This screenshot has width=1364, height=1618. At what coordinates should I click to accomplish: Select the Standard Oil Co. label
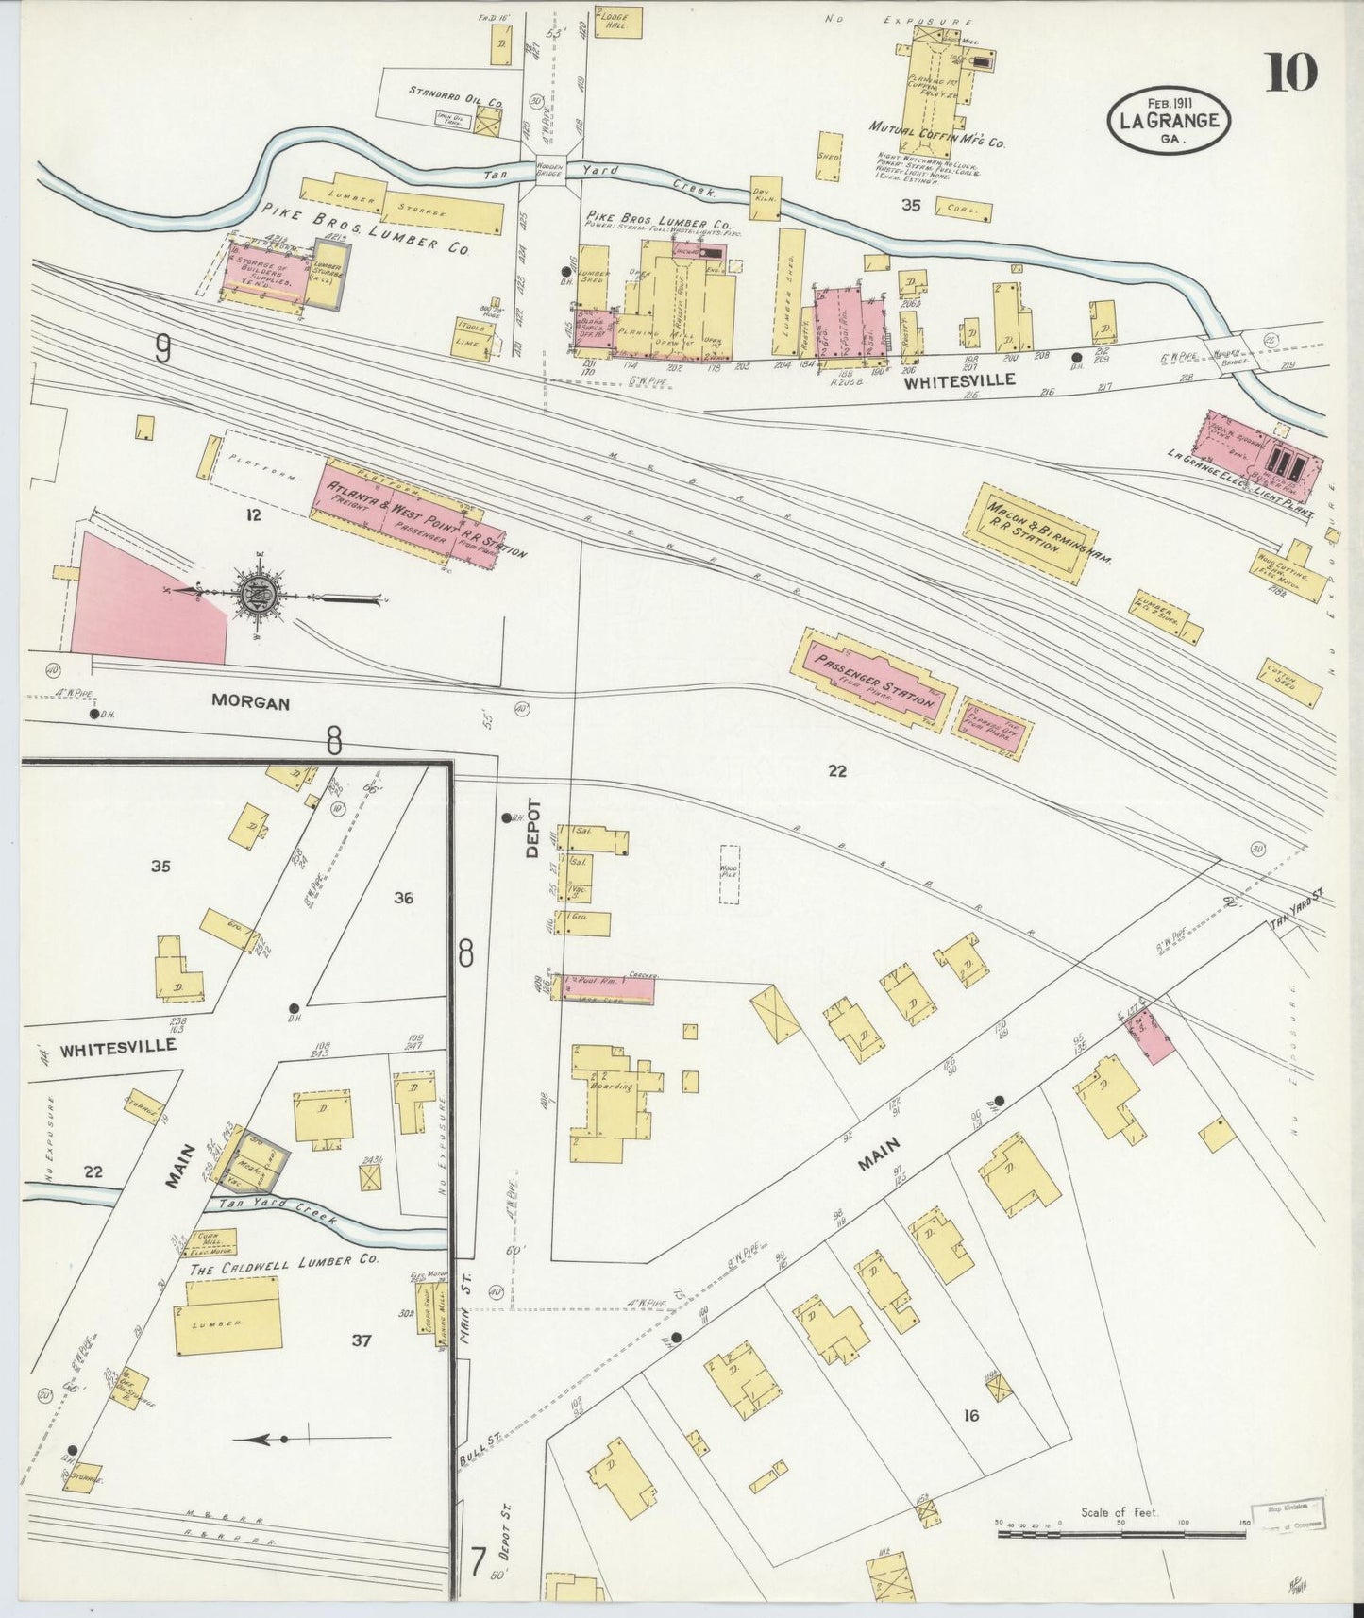click(x=455, y=93)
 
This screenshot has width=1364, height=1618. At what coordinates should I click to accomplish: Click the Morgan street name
click(x=250, y=703)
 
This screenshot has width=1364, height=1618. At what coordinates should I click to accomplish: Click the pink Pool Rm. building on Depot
click(x=604, y=988)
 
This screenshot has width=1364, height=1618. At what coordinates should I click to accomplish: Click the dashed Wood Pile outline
click(x=729, y=874)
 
